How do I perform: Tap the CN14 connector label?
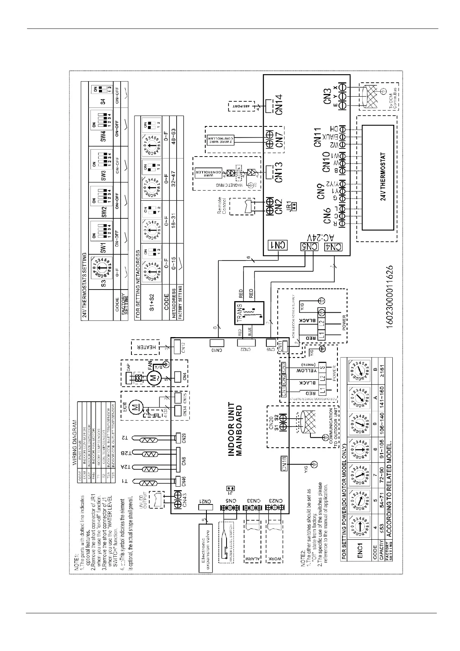pyautogui.click(x=277, y=104)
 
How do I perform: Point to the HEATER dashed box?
pyautogui.click(x=149, y=348)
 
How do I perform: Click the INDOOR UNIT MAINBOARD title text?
pyautogui.click(x=235, y=430)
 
